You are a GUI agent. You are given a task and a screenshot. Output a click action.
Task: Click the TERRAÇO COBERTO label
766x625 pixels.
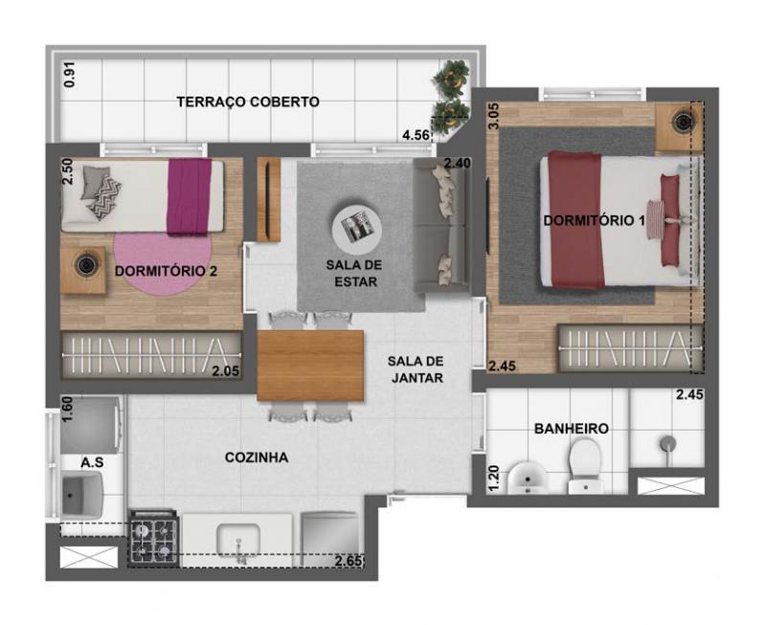point(248,101)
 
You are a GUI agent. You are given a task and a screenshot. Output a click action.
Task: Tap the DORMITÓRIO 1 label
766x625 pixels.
point(594,221)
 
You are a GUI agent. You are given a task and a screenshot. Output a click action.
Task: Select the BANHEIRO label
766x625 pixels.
point(572,429)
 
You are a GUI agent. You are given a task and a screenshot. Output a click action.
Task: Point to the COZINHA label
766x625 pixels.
point(257,458)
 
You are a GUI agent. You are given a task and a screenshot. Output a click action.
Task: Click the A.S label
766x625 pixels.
point(92,462)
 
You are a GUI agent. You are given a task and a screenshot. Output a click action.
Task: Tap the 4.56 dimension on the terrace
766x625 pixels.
point(416,135)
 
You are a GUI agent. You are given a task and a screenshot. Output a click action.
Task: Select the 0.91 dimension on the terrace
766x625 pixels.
point(70,75)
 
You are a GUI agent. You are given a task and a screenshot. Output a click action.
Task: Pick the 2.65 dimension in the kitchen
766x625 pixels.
point(349,561)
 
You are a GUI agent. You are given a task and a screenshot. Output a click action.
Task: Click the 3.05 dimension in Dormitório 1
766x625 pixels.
point(494,116)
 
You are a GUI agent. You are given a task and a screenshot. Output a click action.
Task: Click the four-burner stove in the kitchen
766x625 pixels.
point(152,539)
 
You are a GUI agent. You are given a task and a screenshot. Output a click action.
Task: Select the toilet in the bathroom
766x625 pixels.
point(585,466)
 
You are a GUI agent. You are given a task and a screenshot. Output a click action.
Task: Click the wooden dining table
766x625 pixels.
point(310,366)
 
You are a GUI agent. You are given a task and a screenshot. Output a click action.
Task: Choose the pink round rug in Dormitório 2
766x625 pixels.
point(163,264)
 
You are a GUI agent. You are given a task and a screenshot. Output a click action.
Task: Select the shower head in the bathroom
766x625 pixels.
point(667,445)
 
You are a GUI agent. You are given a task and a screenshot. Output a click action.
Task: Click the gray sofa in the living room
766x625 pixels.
point(442,225)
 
